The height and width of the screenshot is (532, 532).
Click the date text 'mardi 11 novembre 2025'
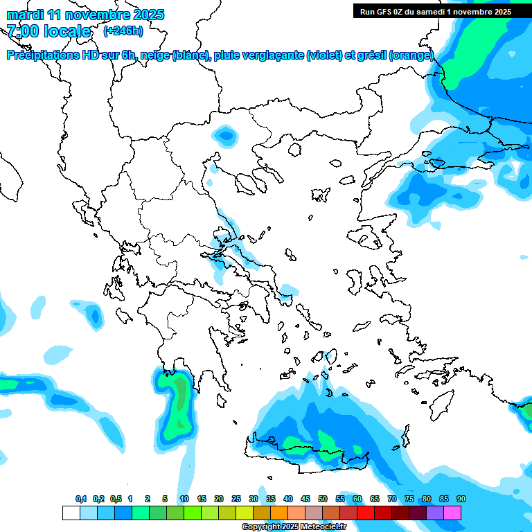click(85, 15)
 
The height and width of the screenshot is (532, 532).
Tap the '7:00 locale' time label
click(48, 31)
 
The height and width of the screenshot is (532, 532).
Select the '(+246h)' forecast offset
click(123, 31)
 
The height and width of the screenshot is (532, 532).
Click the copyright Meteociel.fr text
click(294, 527)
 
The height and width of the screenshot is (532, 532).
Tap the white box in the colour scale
click(71, 513)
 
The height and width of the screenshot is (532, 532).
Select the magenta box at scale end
click(452, 513)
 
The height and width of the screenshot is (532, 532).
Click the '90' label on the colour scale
click(461, 499)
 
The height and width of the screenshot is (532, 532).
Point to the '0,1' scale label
click(81, 499)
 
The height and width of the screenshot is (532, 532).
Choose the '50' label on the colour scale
click(323, 499)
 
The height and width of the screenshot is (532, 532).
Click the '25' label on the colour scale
click(236, 499)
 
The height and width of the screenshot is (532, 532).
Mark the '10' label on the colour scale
click(184, 499)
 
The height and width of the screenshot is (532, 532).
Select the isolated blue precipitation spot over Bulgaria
click(225, 134)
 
